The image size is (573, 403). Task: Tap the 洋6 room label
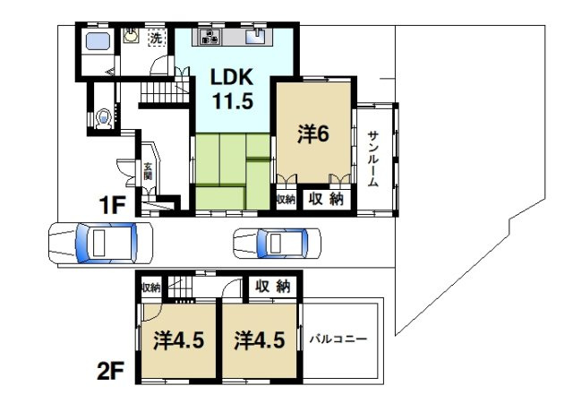[x=314, y=133]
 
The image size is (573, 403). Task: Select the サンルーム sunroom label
[x=373, y=158]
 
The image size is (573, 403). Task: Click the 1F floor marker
[x=113, y=205]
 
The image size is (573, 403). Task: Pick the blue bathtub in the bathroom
[x=95, y=41]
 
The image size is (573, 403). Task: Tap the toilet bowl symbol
[x=105, y=116]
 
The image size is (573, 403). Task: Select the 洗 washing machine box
[x=156, y=39]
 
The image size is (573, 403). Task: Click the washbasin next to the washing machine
[x=132, y=37]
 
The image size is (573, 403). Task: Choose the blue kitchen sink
[x=260, y=37]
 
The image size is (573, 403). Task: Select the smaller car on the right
[x=276, y=242]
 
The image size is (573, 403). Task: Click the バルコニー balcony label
[x=338, y=341]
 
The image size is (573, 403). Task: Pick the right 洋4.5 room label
[x=259, y=341]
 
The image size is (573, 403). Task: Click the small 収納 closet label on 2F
[x=150, y=287]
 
